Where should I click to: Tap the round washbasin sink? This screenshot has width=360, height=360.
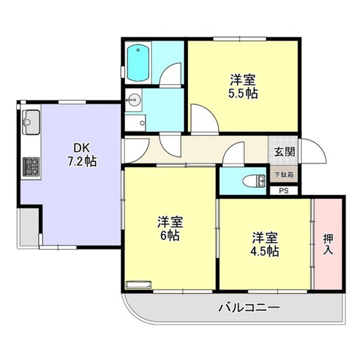point(133,100)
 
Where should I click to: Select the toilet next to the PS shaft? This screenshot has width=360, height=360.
point(254,180)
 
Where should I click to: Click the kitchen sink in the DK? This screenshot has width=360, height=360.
point(31,122)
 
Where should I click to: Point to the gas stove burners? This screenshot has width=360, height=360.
point(31,166)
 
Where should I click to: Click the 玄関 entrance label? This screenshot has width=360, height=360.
point(284,152)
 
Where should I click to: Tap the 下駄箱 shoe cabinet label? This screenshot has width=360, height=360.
point(284,175)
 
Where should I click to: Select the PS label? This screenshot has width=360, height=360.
point(284,191)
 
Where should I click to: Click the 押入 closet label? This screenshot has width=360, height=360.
point(328,244)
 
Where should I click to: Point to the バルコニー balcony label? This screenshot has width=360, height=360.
point(249,307)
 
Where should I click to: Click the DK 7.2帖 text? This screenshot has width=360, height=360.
point(82,154)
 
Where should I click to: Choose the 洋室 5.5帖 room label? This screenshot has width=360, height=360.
point(243,86)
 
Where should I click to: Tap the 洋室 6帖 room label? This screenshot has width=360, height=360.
point(170,228)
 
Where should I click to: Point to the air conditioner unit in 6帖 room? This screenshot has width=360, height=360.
point(138,284)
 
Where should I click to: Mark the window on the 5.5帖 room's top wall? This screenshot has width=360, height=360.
point(239,39)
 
